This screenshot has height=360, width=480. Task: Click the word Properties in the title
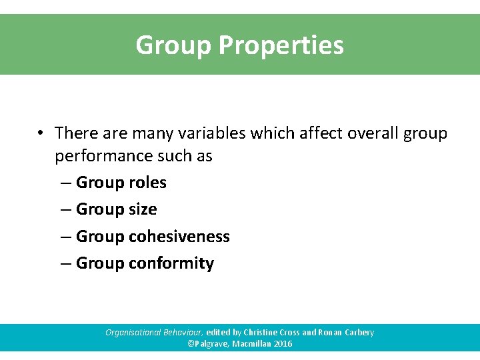coord(281,46)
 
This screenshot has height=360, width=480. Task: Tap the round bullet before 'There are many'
coord(41,133)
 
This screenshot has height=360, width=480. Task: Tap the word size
coord(143,209)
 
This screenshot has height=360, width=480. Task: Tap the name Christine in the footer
coord(262,332)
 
